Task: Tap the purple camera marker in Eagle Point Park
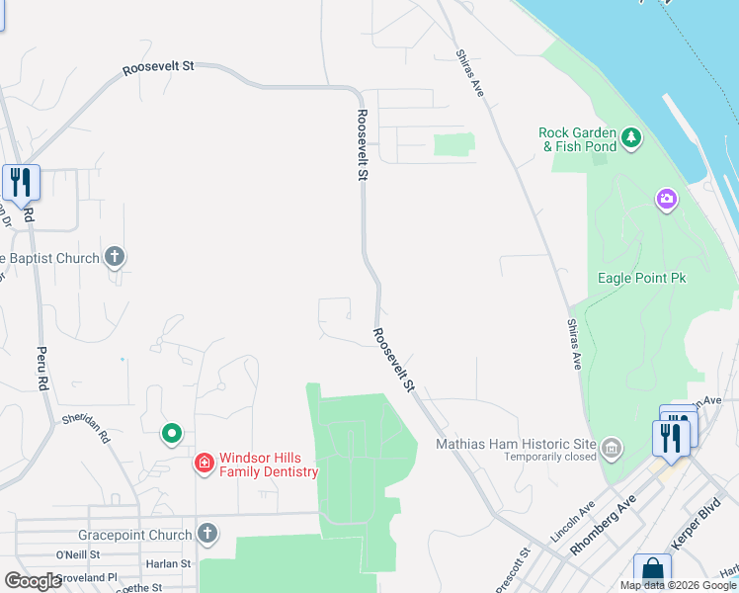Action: tap(667, 200)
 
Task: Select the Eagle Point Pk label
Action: tap(641, 278)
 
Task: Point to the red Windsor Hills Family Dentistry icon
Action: tap(205, 462)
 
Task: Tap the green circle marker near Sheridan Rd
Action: tap(172, 433)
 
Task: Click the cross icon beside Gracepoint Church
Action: tap(206, 535)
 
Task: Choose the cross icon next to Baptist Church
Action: tap(115, 258)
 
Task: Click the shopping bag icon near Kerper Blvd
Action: tap(652, 570)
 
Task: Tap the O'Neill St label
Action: tap(78, 554)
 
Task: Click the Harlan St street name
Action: tap(171, 563)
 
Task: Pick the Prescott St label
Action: tap(509, 570)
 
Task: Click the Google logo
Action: tap(33, 581)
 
